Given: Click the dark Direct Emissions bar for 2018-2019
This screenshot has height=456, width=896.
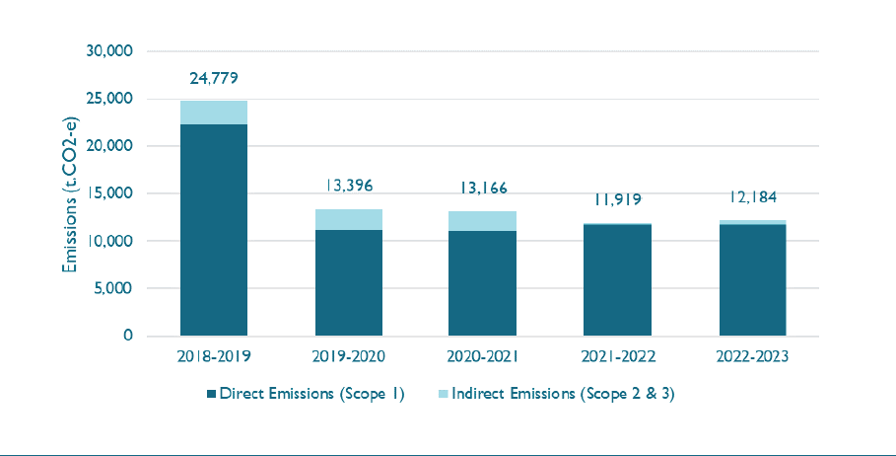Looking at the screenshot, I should coord(213,230).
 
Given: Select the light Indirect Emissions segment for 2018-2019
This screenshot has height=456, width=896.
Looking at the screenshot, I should coord(213,113).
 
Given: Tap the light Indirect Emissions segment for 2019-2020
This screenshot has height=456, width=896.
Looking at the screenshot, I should coord(348,219).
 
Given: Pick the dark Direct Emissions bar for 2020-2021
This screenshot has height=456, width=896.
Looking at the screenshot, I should coord(483,283).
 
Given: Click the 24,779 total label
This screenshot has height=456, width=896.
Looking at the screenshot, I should coord(213,77).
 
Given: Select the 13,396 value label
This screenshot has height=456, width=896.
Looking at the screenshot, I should coord(348,186).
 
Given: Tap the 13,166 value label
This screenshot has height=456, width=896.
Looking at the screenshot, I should coord(483,188).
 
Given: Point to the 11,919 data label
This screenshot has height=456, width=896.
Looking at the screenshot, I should coord(617,200).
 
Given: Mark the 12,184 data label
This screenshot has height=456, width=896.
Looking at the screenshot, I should coord(752,197).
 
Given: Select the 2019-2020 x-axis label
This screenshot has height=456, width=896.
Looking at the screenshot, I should coord(348,357).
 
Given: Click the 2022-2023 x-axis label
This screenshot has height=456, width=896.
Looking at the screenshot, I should coord(752,357).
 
